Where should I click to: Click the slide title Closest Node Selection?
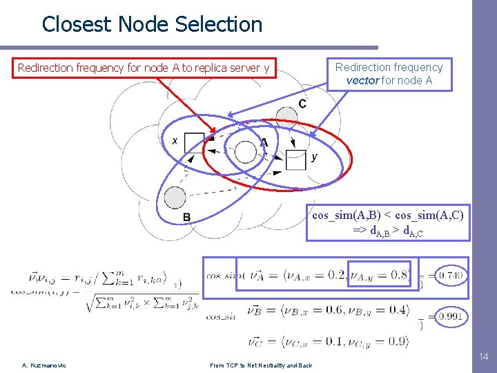[x=152, y=25]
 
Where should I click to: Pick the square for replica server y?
[x=296, y=160]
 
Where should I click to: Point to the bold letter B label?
[x=186, y=218]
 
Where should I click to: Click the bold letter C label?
[x=302, y=104]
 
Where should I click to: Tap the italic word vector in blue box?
[x=363, y=80]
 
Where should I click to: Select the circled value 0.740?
[x=451, y=276]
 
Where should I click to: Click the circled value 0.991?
[x=451, y=317]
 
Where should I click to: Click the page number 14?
[x=483, y=357]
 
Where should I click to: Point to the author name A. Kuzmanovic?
[x=43, y=365]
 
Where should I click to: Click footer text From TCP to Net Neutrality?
[x=261, y=365]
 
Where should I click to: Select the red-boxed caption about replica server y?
[x=144, y=68]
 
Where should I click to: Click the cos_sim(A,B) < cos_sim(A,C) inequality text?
[x=388, y=216]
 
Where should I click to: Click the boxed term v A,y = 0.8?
[x=379, y=274]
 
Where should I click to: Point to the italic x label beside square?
[x=175, y=140]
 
